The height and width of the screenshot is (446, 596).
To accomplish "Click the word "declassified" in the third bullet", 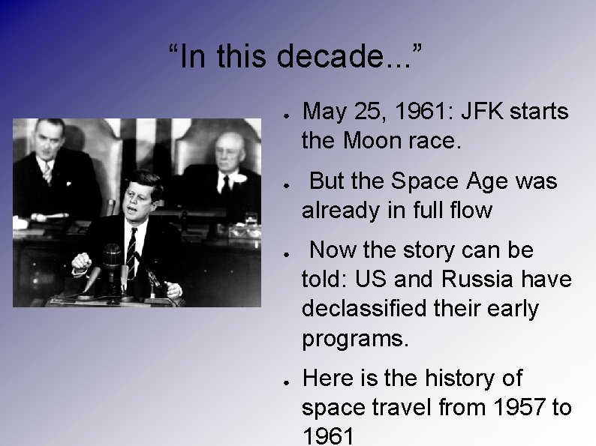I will [368, 308].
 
